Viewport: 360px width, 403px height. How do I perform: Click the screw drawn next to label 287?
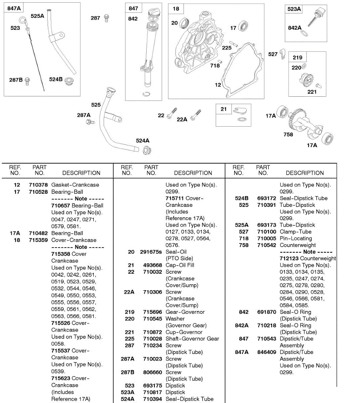106,18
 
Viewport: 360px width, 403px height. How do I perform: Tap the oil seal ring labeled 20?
184,24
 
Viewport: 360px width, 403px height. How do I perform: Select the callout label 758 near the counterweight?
288,135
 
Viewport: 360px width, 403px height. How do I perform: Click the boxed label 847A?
14,8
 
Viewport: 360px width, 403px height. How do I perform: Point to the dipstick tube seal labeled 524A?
146,150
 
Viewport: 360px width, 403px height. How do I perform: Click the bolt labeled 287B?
28,80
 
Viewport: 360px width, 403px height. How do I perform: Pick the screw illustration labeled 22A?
195,115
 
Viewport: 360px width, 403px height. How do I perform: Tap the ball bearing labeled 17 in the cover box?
243,27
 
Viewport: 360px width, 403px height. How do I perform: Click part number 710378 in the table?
38,185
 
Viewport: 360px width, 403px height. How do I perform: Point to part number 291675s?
151,252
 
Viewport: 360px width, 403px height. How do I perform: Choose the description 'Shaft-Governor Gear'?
192,339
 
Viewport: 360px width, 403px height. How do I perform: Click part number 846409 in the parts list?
266,352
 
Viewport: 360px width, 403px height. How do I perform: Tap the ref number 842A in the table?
242,325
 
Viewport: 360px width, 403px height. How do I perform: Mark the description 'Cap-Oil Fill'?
180,265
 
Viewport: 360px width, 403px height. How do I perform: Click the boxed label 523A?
294,9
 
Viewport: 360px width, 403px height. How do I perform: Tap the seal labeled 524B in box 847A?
69,81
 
